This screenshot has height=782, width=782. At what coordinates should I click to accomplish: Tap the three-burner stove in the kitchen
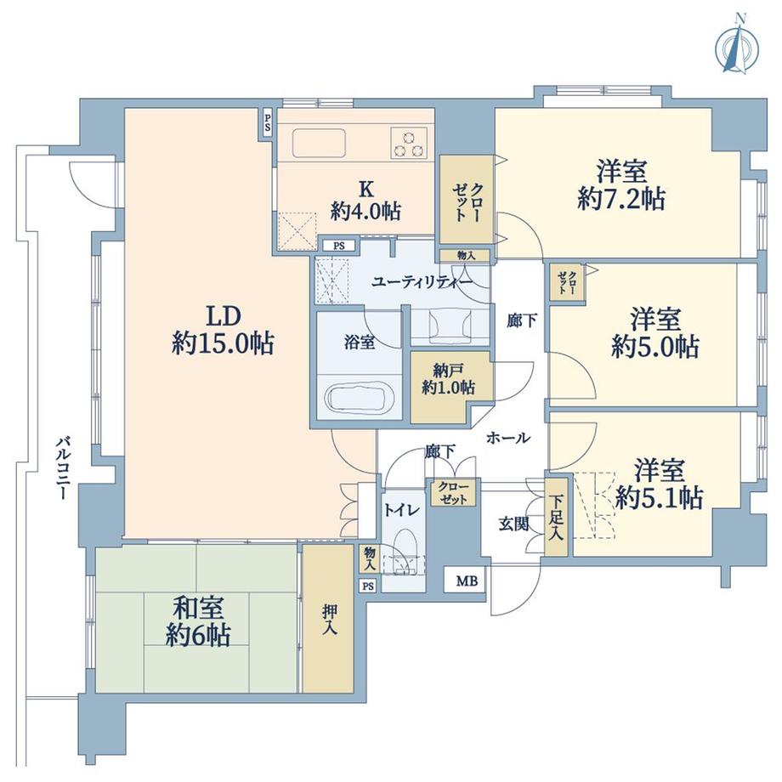coord(409,142)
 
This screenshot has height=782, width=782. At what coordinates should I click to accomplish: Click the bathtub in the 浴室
coord(358,398)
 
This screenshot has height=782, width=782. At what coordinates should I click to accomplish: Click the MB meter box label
coord(466,582)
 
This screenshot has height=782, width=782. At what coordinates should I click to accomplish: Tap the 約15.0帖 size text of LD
coord(222,343)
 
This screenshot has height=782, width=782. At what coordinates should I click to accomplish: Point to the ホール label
coord(508,439)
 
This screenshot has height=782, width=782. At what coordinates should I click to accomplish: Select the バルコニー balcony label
coord(62,468)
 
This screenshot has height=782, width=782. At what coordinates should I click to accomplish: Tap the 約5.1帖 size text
coord(659,499)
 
